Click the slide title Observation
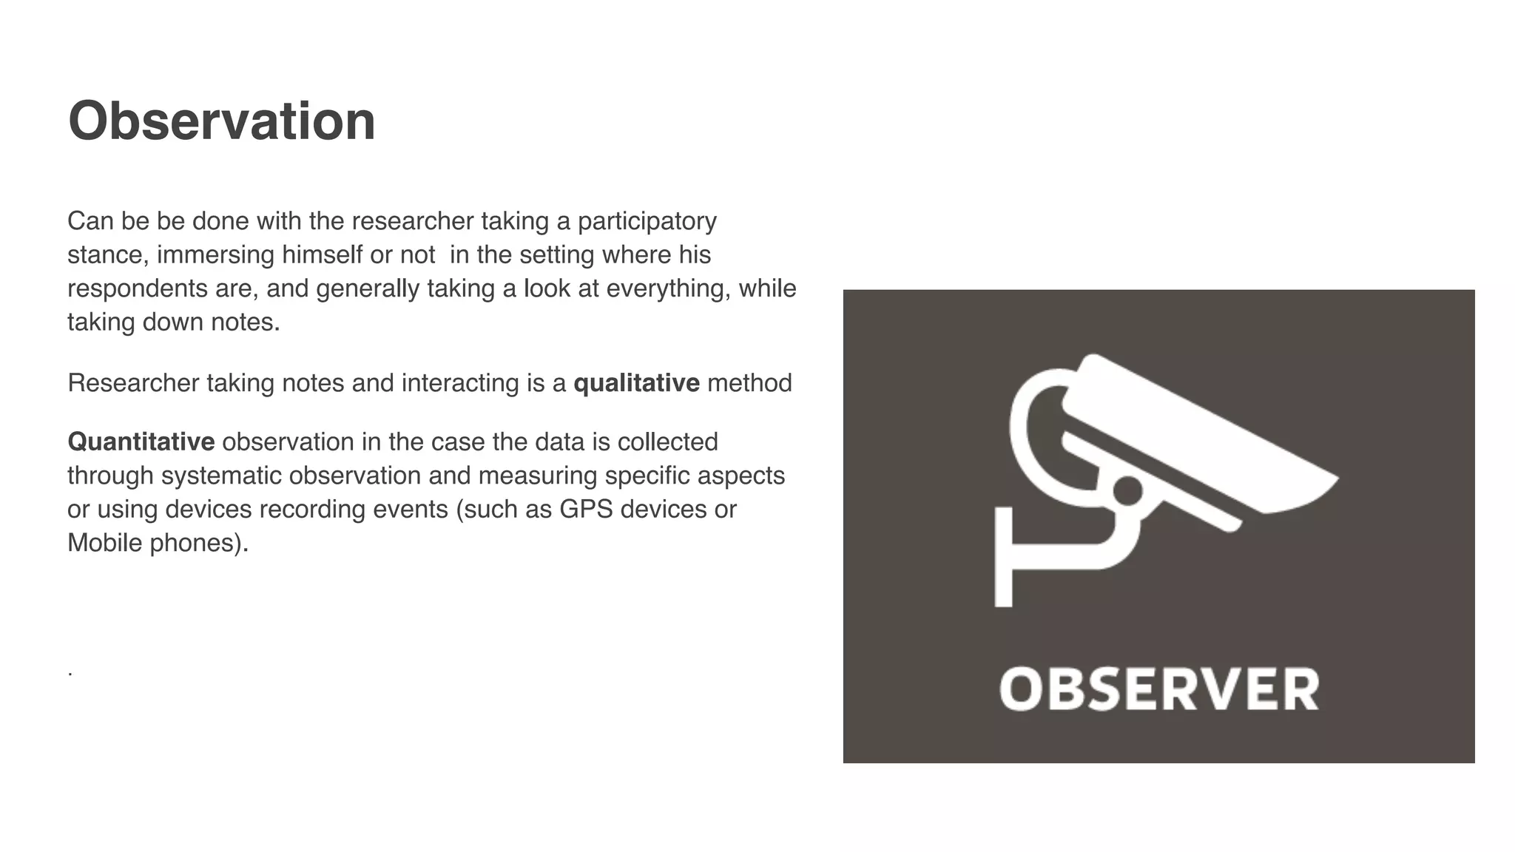(221, 121)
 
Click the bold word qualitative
(636, 383)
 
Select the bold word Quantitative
(141, 442)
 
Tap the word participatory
(647, 221)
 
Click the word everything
(668, 289)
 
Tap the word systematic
(221, 476)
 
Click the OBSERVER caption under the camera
(1158, 689)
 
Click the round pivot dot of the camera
(1127, 490)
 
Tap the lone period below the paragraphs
(70, 674)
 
